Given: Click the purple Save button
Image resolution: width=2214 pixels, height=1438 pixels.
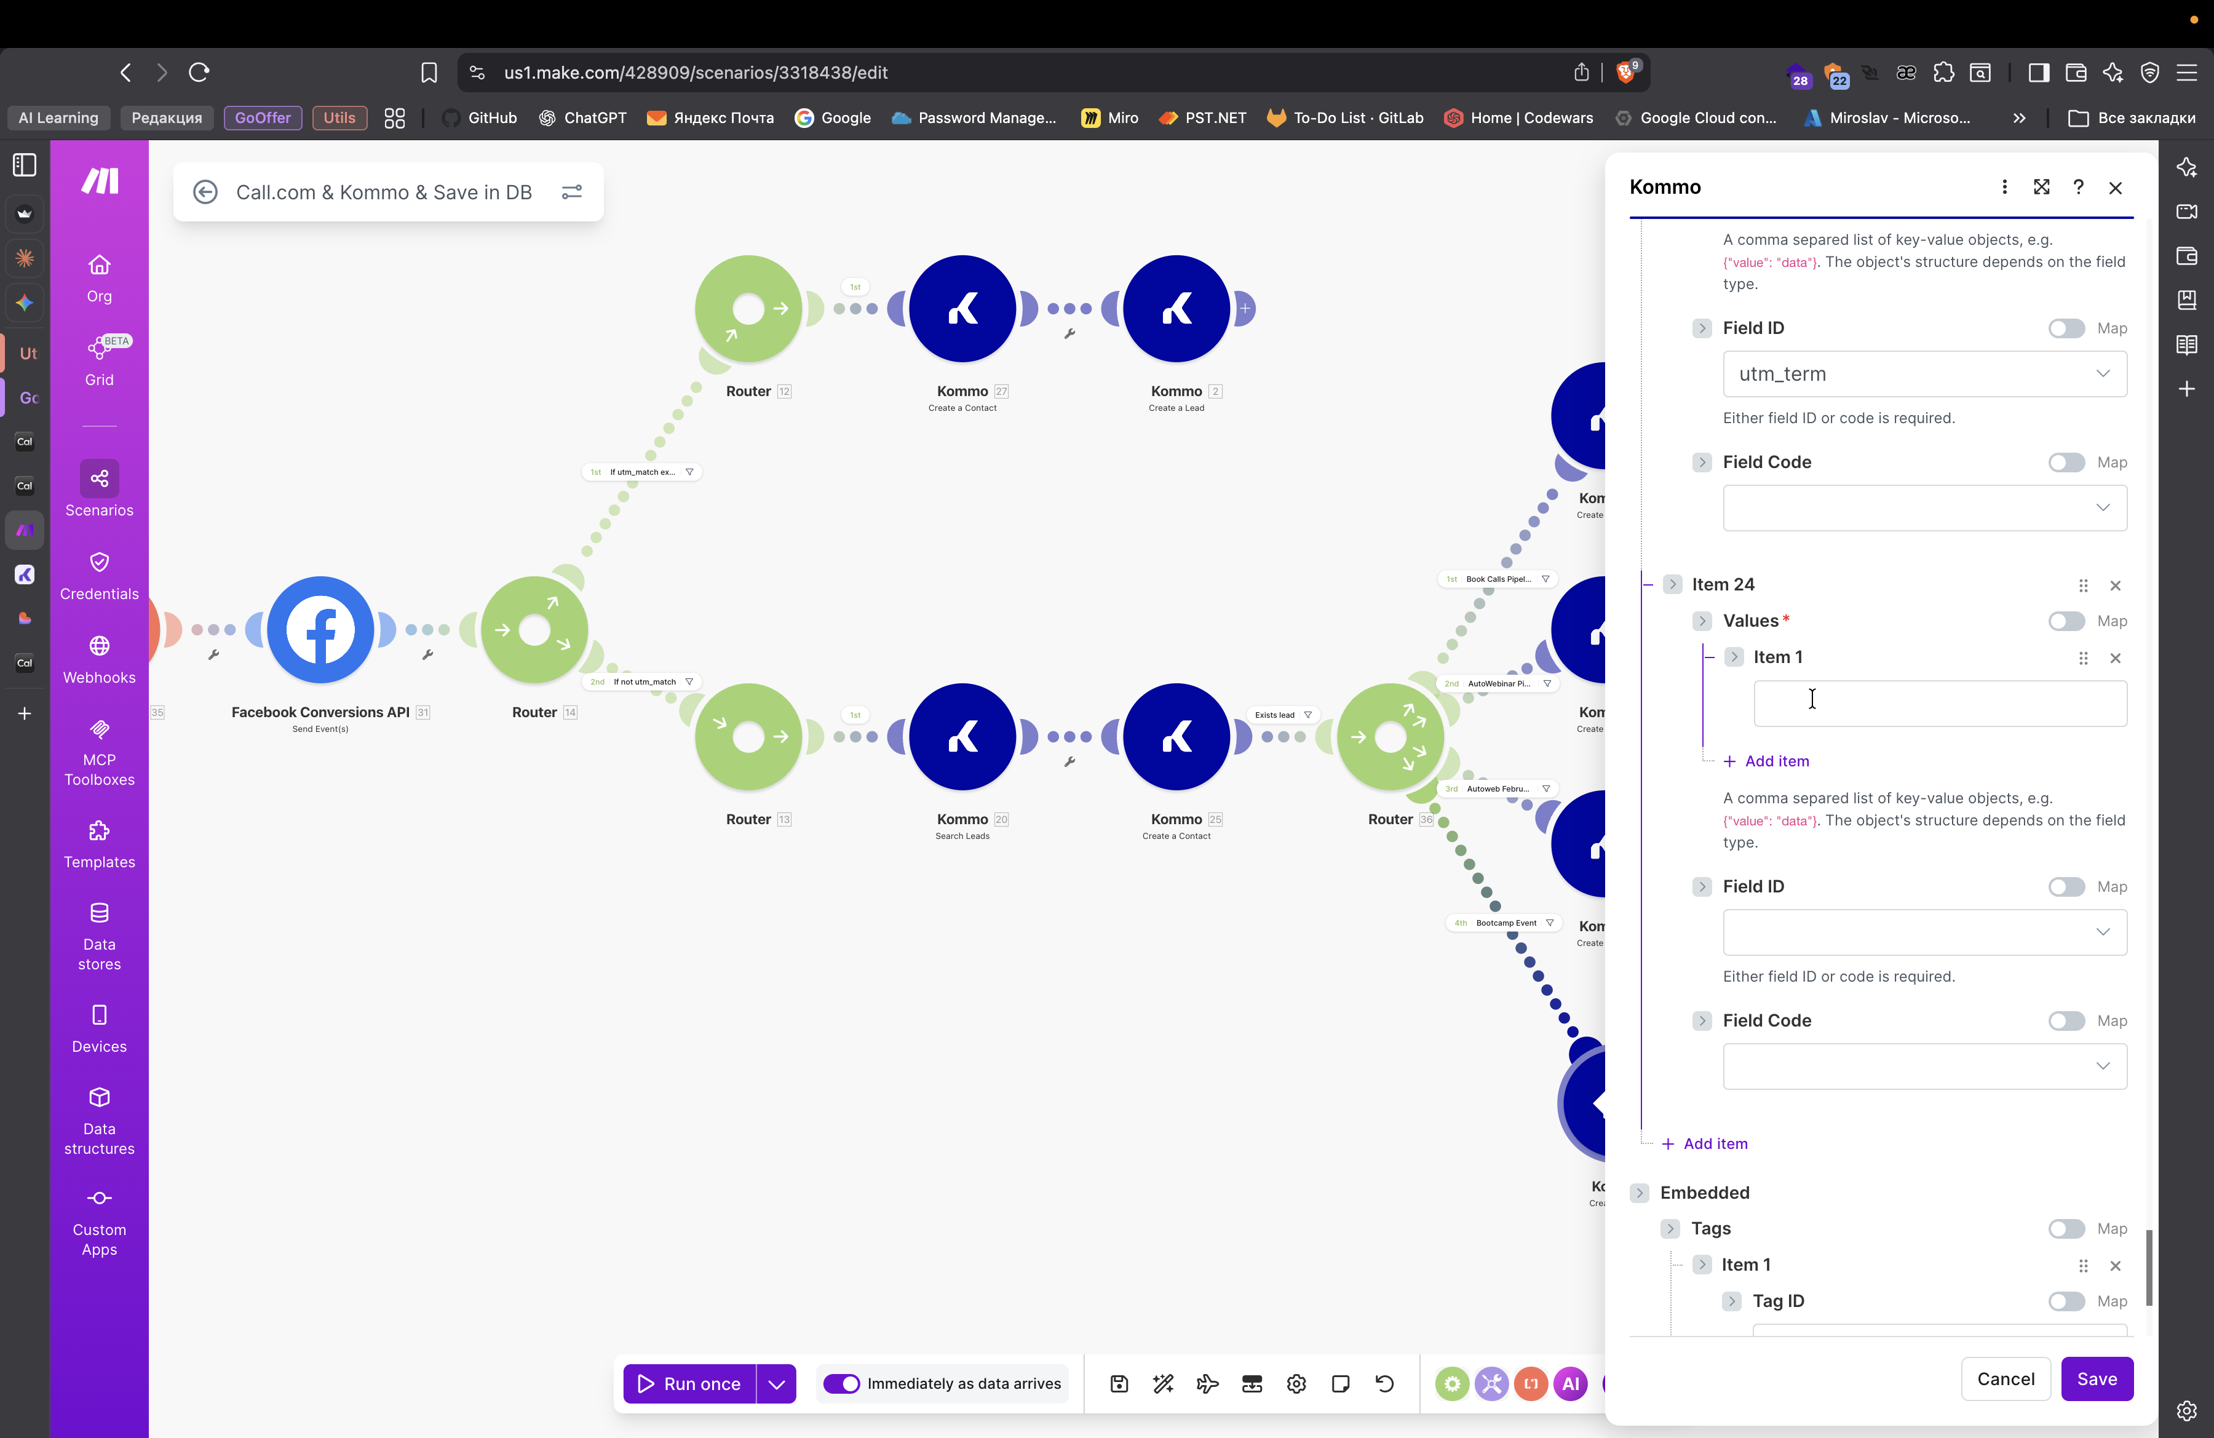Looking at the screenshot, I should (x=2096, y=1378).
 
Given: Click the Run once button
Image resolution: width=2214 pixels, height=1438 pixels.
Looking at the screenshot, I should (x=689, y=1383).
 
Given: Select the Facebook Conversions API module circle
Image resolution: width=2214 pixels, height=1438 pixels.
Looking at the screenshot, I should (x=320, y=630).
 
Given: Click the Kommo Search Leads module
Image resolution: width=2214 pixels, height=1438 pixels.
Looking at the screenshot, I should (x=962, y=737).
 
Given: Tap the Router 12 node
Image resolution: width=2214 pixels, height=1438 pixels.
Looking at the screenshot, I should (x=748, y=309).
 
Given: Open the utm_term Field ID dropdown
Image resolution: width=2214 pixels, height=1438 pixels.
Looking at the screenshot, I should (x=1924, y=374).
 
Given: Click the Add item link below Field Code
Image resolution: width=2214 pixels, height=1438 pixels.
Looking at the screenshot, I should (x=1715, y=1143).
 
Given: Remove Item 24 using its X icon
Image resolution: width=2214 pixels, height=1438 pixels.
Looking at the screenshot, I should (x=2114, y=585).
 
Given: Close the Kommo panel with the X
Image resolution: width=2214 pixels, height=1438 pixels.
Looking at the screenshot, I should (x=2114, y=188).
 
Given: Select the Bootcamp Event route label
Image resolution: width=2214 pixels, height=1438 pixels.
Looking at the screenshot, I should (x=1505, y=923).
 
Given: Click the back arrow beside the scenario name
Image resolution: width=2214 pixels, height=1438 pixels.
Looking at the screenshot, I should (x=205, y=192).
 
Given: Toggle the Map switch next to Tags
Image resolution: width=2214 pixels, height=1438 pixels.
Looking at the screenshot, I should (x=2065, y=1229).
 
